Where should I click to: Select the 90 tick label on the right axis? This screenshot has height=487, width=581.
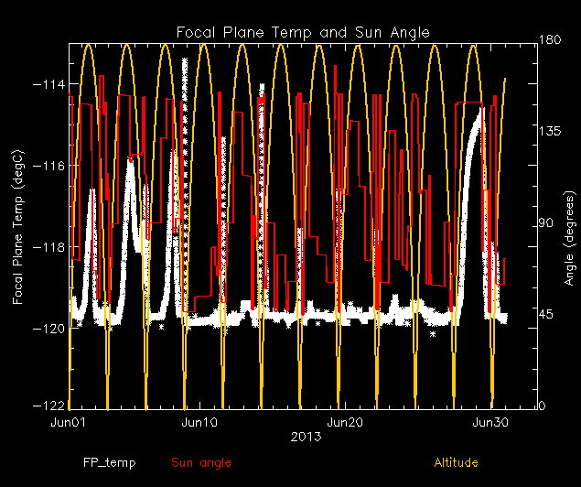point(545,223)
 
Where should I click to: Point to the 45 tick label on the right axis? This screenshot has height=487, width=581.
point(545,315)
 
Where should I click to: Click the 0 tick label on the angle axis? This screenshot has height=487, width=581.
point(542,405)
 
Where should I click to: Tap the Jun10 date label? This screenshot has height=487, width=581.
point(199,423)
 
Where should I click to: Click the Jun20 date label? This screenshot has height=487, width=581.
point(344,423)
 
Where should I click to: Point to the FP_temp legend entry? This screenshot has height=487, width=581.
point(109,463)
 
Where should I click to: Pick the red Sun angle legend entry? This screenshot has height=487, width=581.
point(201,463)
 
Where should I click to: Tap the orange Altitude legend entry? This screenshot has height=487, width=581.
point(456,463)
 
